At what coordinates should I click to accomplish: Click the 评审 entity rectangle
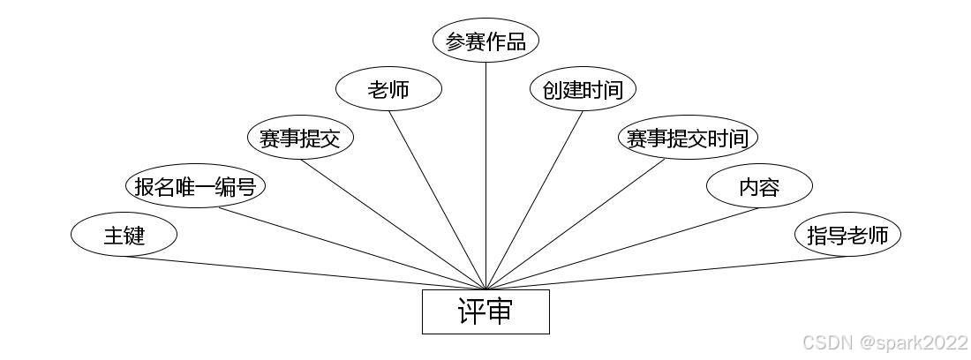coord(485,311)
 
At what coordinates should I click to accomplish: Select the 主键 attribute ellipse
coord(124,235)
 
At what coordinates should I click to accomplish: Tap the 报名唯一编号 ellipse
coord(195,186)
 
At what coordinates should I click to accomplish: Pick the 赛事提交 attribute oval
coord(300,138)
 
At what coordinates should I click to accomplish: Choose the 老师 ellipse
coord(388,89)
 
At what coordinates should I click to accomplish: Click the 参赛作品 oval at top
coord(485,41)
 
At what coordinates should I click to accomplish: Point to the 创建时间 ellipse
coord(583,89)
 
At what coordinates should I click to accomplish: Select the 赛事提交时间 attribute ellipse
coord(688,138)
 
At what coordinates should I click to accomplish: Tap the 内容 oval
coord(759,186)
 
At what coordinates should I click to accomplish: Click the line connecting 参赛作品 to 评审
coord(485,176)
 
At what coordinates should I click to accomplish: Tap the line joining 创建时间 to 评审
coord(534,199)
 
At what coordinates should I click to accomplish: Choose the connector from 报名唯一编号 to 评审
coord(353,248)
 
